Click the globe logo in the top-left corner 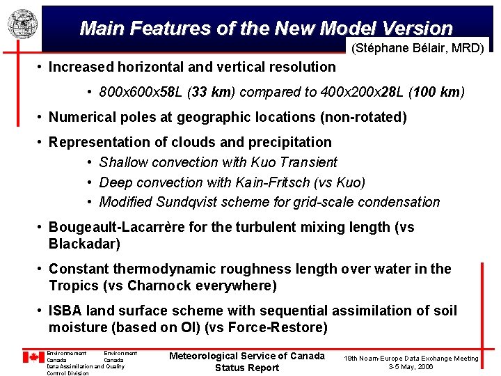21,24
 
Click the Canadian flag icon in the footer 33,357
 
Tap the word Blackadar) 84,244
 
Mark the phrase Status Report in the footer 247,368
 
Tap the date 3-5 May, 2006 411,366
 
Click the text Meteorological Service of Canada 247,356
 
